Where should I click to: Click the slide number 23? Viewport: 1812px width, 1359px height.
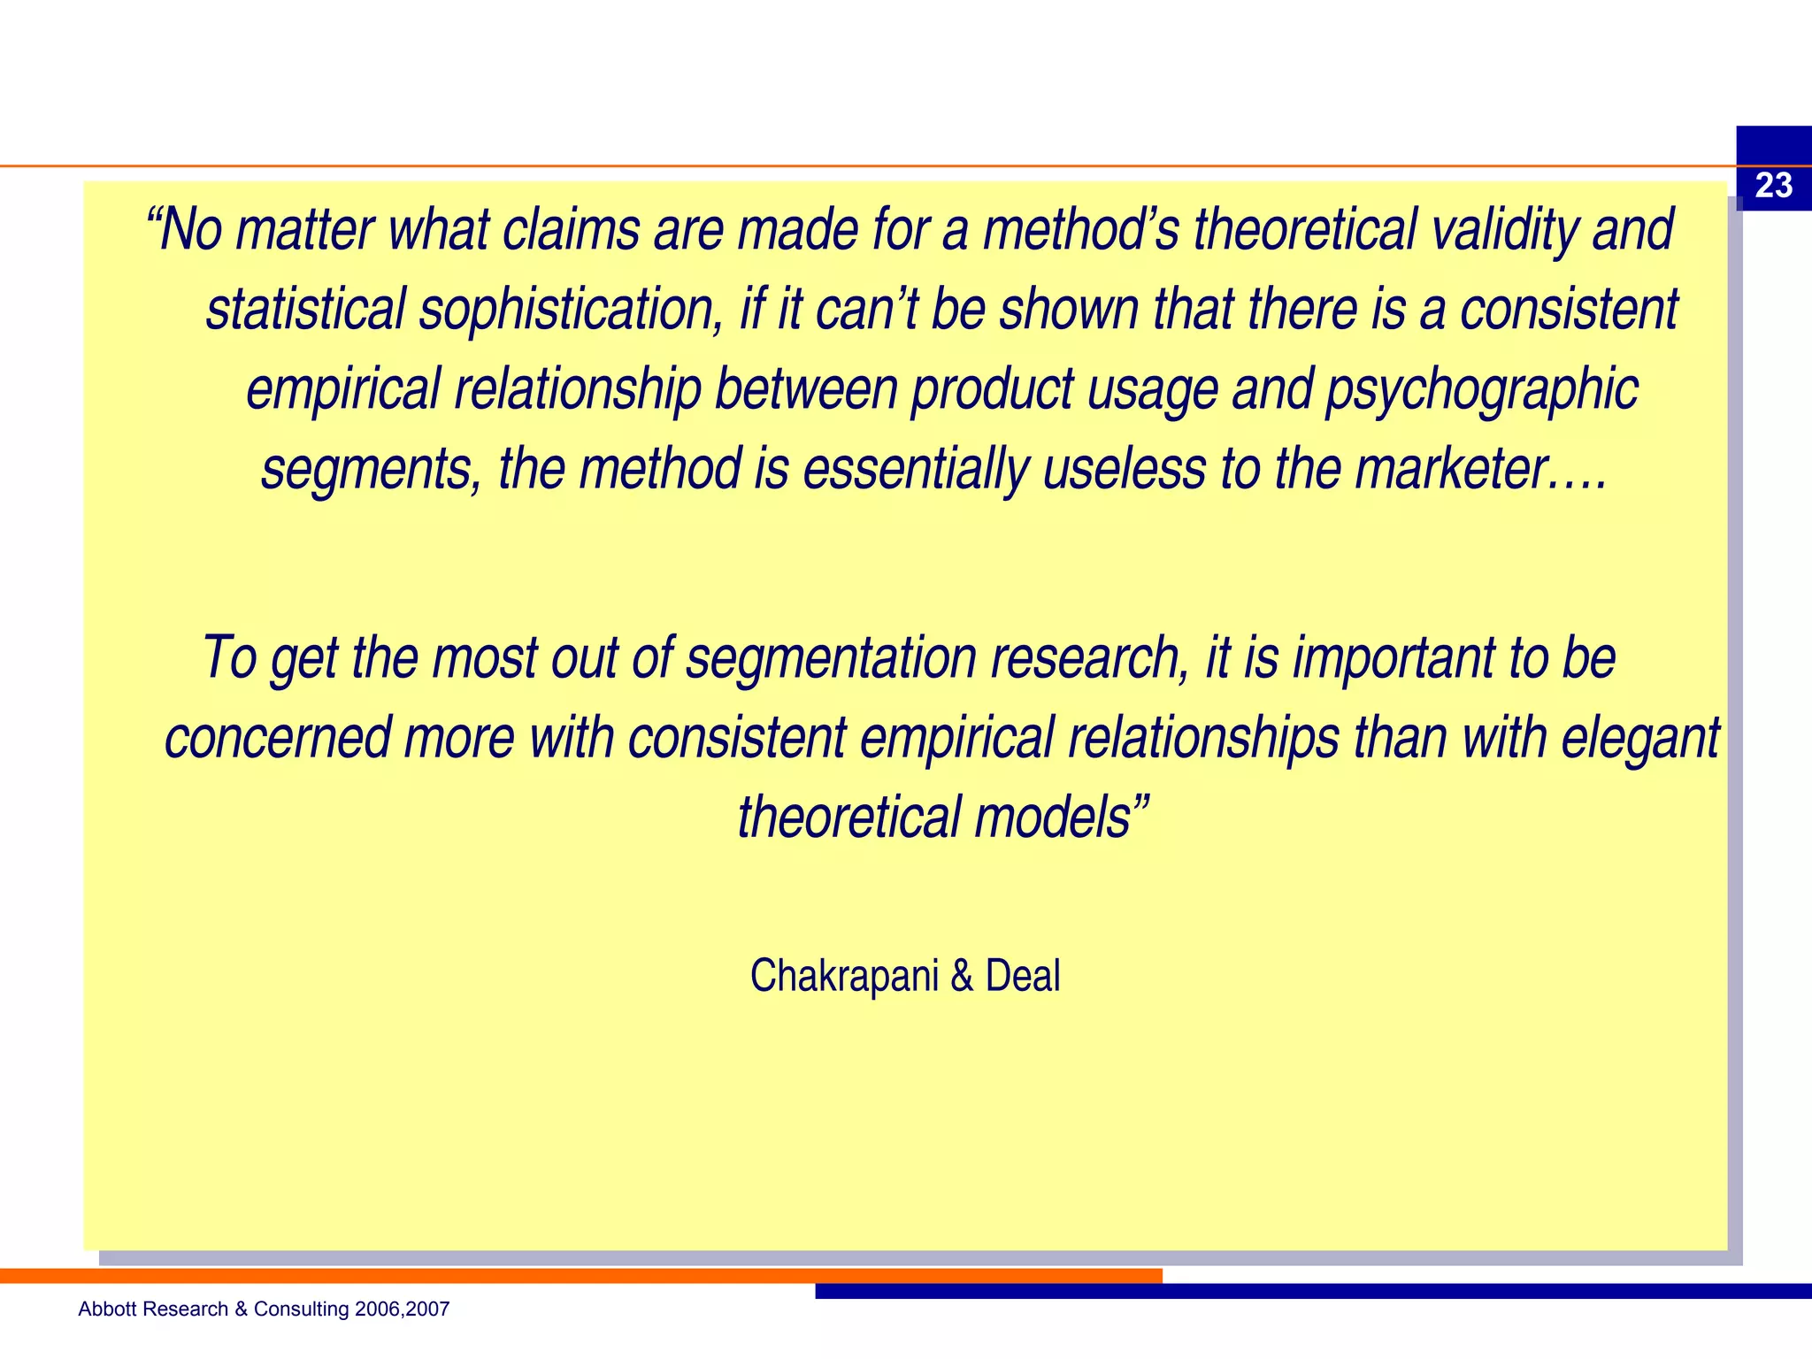coord(1773,186)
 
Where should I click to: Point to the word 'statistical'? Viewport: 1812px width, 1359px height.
coord(305,310)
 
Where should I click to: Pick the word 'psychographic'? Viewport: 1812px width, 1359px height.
coord(1481,389)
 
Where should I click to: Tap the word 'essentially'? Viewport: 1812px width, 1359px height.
coord(915,469)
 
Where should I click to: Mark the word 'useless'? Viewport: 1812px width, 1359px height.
coord(1124,469)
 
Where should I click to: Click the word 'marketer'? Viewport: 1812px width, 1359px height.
coord(1451,469)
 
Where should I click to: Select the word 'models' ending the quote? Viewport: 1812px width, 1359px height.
coord(1052,818)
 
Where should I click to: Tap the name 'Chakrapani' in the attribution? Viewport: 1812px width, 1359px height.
coord(844,976)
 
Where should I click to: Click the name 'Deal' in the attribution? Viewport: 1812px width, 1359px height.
coord(1023,976)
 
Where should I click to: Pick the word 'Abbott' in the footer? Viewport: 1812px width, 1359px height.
coord(104,1309)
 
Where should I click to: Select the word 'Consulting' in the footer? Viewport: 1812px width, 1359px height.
coord(302,1309)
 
